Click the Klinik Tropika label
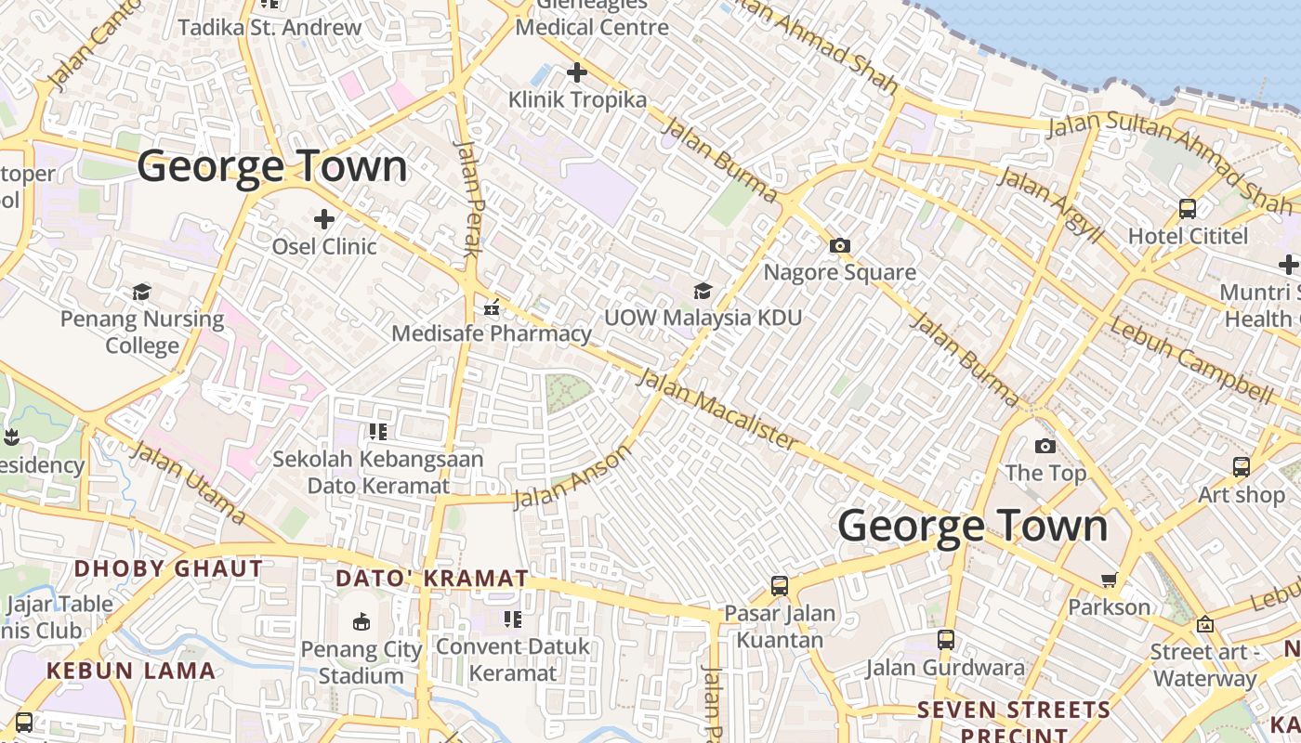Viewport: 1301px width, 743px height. pyautogui.click(x=577, y=99)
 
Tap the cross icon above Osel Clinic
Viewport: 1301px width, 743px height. pyautogui.click(x=324, y=219)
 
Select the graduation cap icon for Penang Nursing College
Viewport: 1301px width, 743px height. pyautogui.click(x=141, y=293)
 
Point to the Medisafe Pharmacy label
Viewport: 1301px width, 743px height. pyautogui.click(x=492, y=333)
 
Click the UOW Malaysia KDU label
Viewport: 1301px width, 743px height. pyautogui.click(x=703, y=318)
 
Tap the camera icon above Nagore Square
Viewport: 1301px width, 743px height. pyautogui.click(x=839, y=246)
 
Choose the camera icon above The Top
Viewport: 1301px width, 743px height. pyautogui.click(x=1045, y=447)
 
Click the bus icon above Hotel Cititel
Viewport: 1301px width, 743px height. pyautogui.click(x=1188, y=209)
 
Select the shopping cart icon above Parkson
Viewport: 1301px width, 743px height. pyautogui.click(x=1109, y=580)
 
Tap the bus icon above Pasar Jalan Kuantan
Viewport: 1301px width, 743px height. pyautogui.click(x=780, y=586)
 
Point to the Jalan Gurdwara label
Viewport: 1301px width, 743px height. pyautogui.click(x=945, y=667)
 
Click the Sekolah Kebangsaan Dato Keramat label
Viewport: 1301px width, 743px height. pyautogui.click(x=378, y=472)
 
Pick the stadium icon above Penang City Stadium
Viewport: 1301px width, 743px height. pyautogui.click(x=361, y=621)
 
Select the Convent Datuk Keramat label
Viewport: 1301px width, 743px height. pyautogui.click(x=512, y=659)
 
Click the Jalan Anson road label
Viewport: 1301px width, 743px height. pyautogui.click(x=572, y=476)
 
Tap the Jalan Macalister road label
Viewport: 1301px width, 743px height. pyautogui.click(x=717, y=409)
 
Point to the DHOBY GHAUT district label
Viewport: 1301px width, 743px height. pyautogui.click(x=168, y=568)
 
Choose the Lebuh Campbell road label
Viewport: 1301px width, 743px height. pyautogui.click(x=1191, y=360)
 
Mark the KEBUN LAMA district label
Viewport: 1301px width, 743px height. pyautogui.click(x=131, y=671)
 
